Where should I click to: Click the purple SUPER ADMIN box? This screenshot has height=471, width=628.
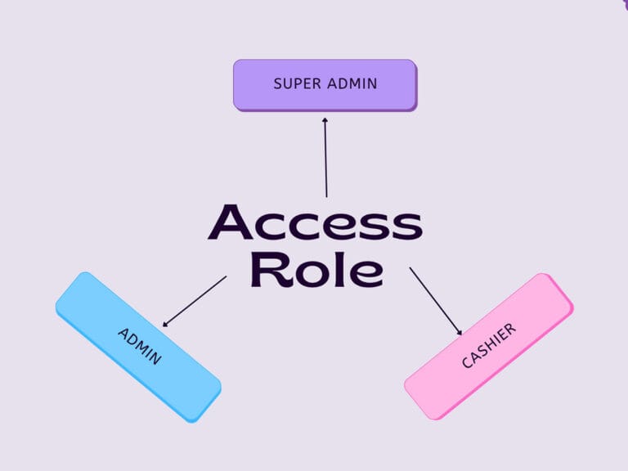point(325,84)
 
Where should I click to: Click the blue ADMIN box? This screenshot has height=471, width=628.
point(138,347)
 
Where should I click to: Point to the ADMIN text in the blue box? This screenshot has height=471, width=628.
point(140,347)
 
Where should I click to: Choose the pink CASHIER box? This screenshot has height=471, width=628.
point(488,346)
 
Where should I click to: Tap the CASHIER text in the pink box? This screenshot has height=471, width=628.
point(488,346)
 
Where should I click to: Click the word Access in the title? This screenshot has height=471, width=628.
point(315,223)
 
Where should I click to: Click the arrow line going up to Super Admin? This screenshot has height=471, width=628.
point(325,159)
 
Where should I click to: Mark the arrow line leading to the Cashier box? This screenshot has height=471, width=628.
point(435,299)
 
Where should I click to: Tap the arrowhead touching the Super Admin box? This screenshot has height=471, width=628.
point(325,119)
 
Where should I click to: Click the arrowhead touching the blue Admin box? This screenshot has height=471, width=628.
point(166,324)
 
